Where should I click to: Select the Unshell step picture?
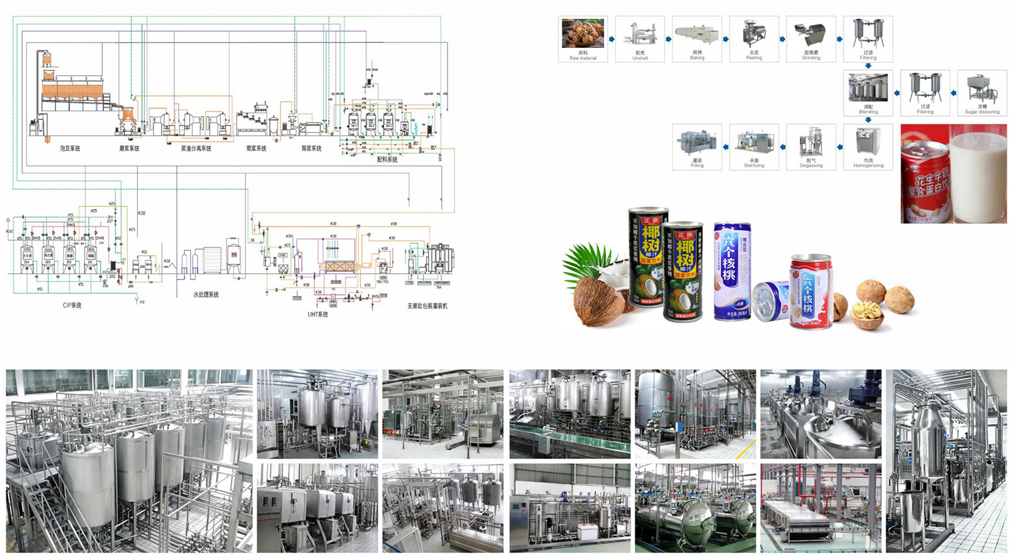pos(640,33)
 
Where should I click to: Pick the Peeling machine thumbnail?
pos(754,33)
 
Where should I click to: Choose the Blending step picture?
pos(868,88)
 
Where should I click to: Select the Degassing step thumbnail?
pos(811,141)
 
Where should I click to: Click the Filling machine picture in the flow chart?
pos(697,141)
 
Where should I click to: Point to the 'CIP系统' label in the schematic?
pos(72,305)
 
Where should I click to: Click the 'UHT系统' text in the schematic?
pos(318,314)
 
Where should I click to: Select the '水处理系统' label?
pos(206,295)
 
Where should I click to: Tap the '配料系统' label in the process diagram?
pos(387,160)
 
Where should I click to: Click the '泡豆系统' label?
pos(70,148)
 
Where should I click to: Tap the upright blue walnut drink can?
pos(731,271)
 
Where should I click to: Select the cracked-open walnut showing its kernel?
pos(867,314)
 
